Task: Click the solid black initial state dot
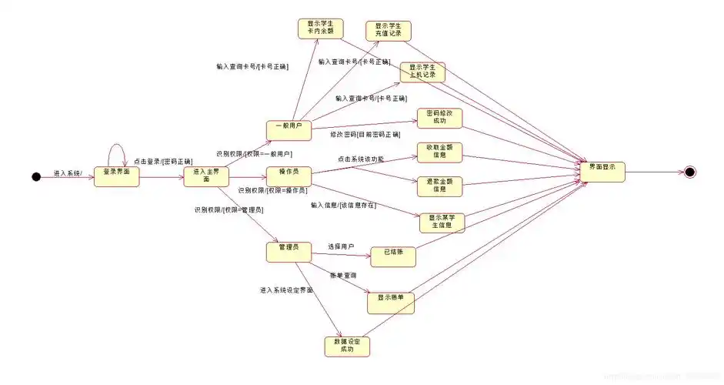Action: click(x=35, y=177)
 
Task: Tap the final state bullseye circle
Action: click(x=689, y=172)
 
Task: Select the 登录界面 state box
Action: click(x=117, y=176)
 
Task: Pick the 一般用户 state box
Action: click(x=289, y=130)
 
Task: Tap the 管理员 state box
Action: click(x=289, y=251)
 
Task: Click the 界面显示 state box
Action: click(x=602, y=171)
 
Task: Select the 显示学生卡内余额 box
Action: click(x=320, y=28)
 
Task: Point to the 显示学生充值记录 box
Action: click(x=388, y=31)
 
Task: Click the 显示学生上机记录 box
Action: click(x=422, y=72)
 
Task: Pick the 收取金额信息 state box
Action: click(x=439, y=152)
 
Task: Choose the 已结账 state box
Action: click(x=393, y=256)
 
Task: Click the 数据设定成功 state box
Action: click(x=347, y=346)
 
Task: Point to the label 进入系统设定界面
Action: click(x=286, y=290)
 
